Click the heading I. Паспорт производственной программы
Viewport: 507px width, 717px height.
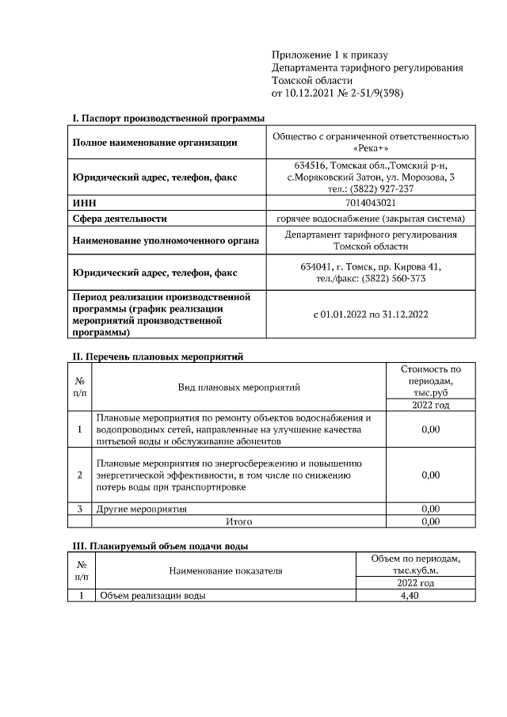168,118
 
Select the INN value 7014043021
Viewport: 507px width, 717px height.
370,203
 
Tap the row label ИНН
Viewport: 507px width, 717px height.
84,203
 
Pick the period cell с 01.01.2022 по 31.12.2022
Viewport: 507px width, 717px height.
370,315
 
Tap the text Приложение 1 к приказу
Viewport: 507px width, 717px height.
330,55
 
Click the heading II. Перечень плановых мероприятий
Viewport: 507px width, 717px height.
157,357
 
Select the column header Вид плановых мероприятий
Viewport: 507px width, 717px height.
238,387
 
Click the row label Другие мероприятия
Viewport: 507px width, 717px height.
142,509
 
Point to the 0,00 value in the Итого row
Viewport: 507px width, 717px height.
430,521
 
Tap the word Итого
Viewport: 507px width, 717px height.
238,521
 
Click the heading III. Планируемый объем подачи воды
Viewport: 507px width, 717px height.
161,546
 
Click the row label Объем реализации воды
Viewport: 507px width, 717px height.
151,596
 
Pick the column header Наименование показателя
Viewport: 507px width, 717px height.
225,570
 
